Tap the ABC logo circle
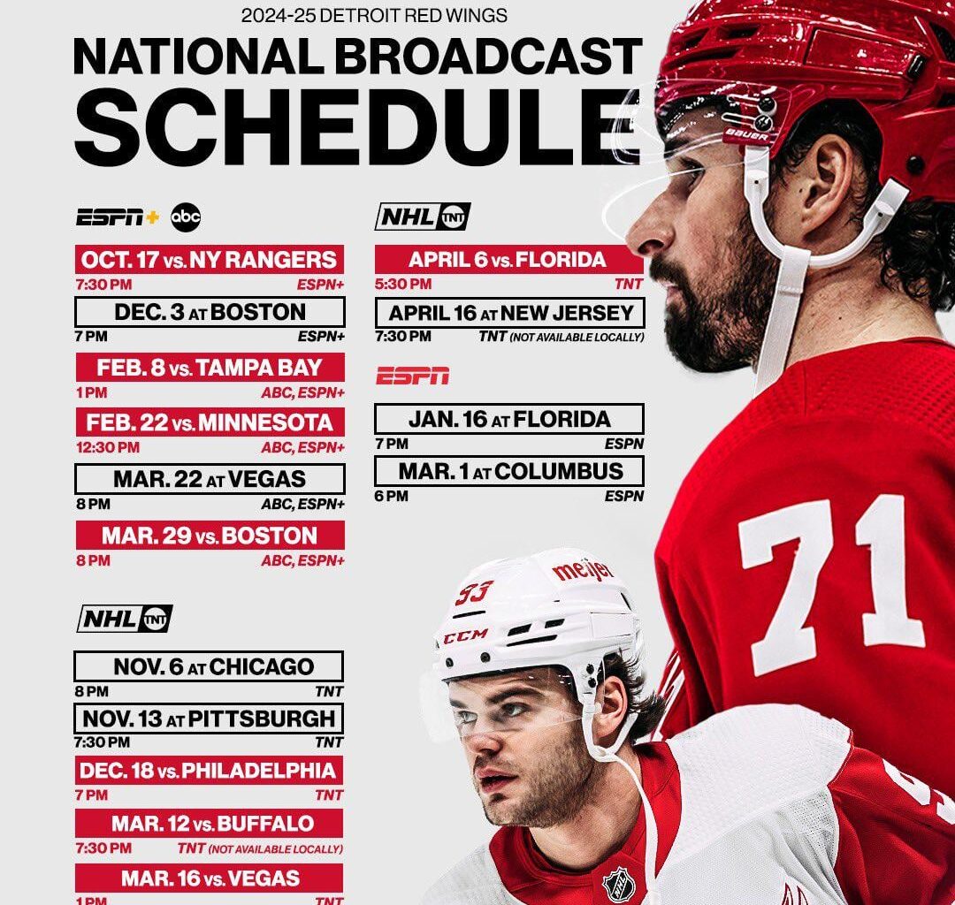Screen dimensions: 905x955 [x=186, y=217]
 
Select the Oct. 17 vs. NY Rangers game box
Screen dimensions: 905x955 [x=210, y=260]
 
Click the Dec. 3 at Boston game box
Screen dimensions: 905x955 [x=210, y=312]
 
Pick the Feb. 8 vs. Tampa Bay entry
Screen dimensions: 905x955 [x=210, y=368]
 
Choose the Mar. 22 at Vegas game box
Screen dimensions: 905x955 [x=210, y=479]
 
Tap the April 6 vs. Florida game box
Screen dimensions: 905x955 [x=508, y=260]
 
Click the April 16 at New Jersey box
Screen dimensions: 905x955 [x=509, y=313]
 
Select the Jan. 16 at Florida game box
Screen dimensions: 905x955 [x=509, y=419]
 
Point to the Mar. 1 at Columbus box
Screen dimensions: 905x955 [x=509, y=471]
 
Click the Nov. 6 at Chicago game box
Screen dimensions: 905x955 [x=209, y=666]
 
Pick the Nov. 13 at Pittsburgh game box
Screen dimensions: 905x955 [x=209, y=718]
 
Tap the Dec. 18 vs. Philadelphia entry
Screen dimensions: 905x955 [x=209, y=771]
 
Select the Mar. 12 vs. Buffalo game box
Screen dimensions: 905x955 [x=209, y=824]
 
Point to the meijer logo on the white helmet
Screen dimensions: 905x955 [x=583, y=570]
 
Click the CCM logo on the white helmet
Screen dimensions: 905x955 [x=465, y=636]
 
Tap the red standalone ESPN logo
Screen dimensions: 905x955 [x=412, y=376]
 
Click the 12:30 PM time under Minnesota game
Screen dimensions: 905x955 [x=107, y=447]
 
